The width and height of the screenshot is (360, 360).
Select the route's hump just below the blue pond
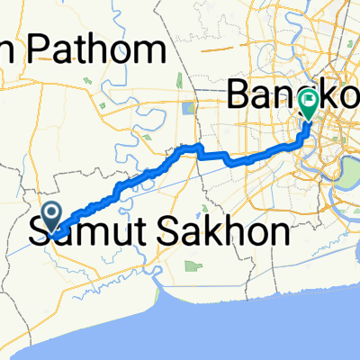click(x=190, y=147)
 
